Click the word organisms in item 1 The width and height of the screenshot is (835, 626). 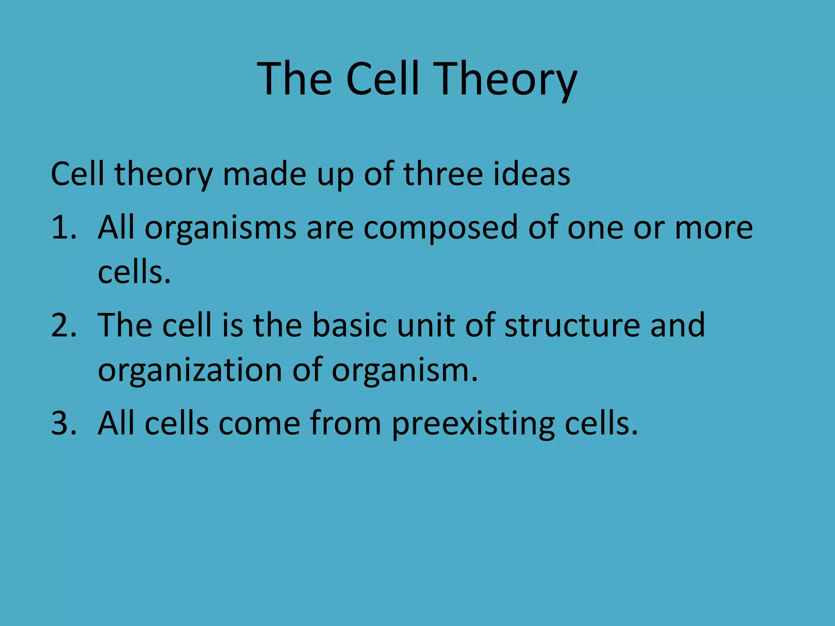pos(220,228)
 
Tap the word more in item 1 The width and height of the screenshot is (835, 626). pos(714,228)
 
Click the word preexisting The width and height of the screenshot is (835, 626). pos(473,424)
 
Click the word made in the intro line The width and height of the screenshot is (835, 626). pos(265,174)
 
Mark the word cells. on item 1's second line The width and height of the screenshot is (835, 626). pos(134,272)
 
